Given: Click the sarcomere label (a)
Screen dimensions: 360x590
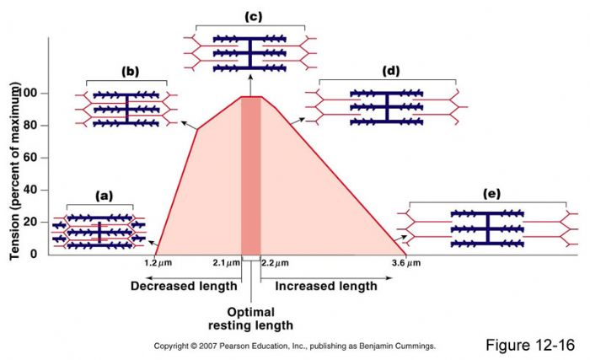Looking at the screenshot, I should tap(103, 196).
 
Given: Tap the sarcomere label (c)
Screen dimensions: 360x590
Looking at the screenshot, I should tap(250, 16).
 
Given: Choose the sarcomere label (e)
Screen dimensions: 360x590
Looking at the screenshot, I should tap(491, 193).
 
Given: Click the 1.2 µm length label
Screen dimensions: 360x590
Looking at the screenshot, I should tap(157, 264).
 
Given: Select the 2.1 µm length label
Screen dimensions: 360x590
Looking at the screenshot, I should tap(225, 264).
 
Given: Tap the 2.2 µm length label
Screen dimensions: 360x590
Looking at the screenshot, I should tap(275, 264).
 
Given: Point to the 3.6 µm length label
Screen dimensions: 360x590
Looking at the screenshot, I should tap(406, 264).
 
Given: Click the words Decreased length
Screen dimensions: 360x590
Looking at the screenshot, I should tap(184, 286).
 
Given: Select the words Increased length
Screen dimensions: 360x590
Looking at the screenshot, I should tap(325, 286).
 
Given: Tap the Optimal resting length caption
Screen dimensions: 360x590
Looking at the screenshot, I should tap(250, 319).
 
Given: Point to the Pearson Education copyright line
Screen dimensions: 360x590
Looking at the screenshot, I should tap(294, 347).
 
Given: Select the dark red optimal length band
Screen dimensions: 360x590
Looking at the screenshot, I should tap(250, 177).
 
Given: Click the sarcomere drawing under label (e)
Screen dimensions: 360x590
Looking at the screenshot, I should tap(487, 228).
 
